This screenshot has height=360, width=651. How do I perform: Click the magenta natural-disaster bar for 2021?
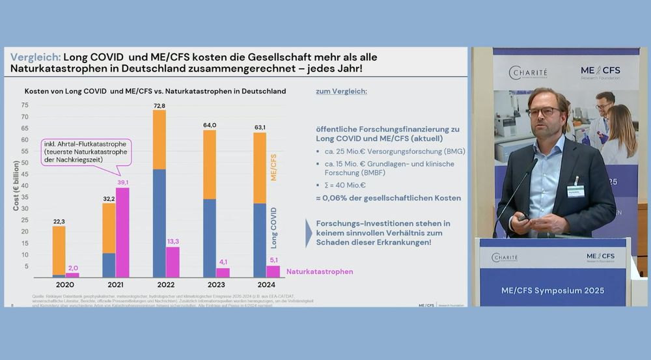[122, 232]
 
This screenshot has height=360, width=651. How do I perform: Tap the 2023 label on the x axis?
[216, 284]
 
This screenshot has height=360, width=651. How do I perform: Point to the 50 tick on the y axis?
[25, 163]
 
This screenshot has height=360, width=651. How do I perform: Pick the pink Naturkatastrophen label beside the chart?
[320, 271]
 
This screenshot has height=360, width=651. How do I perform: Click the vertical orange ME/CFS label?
[273, 167]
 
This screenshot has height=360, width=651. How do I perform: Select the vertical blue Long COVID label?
[273, 228]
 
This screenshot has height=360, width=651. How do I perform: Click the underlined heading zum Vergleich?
[341, 92]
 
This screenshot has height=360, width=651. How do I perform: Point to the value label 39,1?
[122, 182]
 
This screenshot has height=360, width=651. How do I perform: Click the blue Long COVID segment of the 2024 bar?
[259, 240]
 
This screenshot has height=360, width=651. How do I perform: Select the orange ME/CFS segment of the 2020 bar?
[59, 250]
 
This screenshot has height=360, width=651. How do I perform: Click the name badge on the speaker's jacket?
[575, 190]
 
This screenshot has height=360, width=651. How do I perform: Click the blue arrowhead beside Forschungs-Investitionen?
[309, 233]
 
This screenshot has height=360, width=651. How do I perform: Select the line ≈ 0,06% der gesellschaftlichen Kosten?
[389, 198]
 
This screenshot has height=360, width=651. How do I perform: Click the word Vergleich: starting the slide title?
[35, 57]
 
